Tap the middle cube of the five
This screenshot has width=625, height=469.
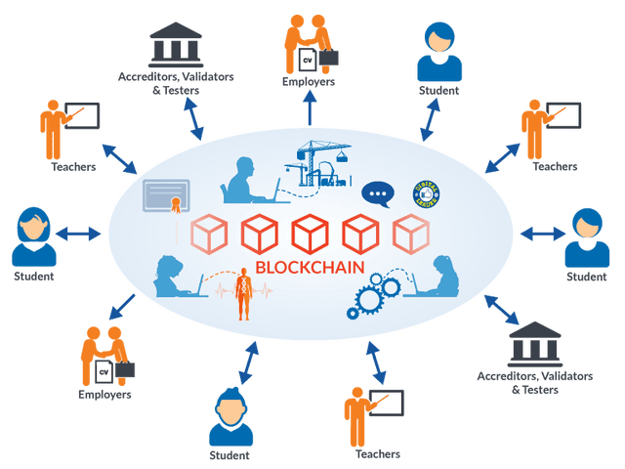point(310,233)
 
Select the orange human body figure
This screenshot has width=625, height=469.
point(245,293)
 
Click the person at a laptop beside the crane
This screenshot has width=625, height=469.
point(240,177)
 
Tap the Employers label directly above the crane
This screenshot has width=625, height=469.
point(310,83)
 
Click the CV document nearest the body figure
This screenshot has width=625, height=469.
point(104,371)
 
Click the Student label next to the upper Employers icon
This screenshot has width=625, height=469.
point(437,91)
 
